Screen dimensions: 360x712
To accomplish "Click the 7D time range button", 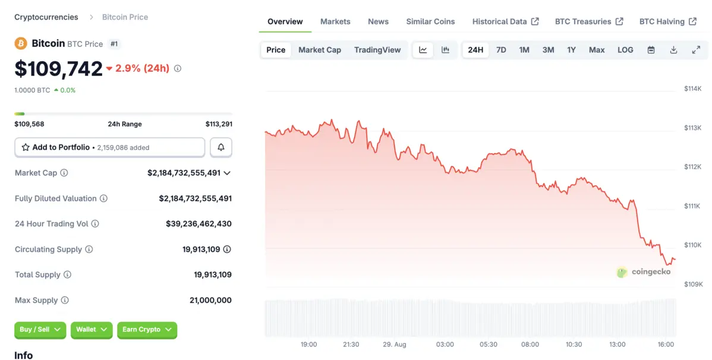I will (501, 50).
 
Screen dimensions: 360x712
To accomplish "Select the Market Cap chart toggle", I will (320, 50).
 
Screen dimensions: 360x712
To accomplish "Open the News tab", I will (378, 21).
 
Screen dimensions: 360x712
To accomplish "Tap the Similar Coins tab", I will (430, 21).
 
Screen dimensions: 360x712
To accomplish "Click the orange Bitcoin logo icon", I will (21, 43).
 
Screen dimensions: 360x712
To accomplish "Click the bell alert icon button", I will (221, 147).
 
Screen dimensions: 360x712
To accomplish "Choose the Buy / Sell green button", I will (40, 330).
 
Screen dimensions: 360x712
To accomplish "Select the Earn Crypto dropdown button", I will (147, 330).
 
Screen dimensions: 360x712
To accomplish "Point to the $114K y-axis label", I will (693, 89).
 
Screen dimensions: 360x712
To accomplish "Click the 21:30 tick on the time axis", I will (351, 345).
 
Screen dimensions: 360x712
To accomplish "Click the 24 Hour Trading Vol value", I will (199, 224).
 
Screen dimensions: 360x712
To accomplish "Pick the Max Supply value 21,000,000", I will (210, 301).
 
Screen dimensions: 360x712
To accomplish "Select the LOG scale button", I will (625, 50).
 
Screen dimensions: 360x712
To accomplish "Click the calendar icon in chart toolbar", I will (651, 50).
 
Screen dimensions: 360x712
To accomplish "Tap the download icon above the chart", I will (673, 50).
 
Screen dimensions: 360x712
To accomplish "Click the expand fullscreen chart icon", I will (696, 50).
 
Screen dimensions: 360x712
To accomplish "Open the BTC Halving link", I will (667, 21).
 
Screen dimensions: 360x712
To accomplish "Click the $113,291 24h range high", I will (219, 124).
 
